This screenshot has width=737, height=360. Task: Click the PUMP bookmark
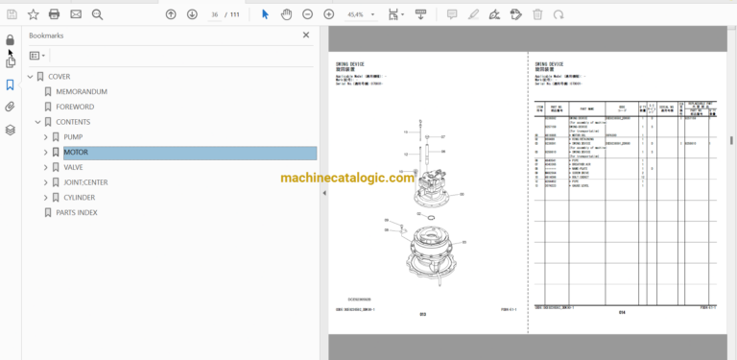pos(73,137)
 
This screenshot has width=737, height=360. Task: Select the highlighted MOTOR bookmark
pos(76,153)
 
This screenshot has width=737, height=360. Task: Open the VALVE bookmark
pos(73,167)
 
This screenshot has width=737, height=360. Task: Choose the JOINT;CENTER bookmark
pos(85,182)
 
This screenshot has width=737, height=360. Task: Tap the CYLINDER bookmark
pos(80,198)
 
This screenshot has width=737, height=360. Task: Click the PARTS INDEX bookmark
pos(77,212)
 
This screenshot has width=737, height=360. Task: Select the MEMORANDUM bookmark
pos(82,91)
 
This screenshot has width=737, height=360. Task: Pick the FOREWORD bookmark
pos(75,107)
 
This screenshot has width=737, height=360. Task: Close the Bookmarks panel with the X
pos(306,35)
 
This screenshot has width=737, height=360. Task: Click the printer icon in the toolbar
pos(54,14)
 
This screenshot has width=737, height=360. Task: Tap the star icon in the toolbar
pos(33,14)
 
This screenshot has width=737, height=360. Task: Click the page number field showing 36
pos(216,14)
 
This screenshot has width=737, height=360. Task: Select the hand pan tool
pos(285,14)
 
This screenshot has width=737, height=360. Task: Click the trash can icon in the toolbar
pos(537,14)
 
